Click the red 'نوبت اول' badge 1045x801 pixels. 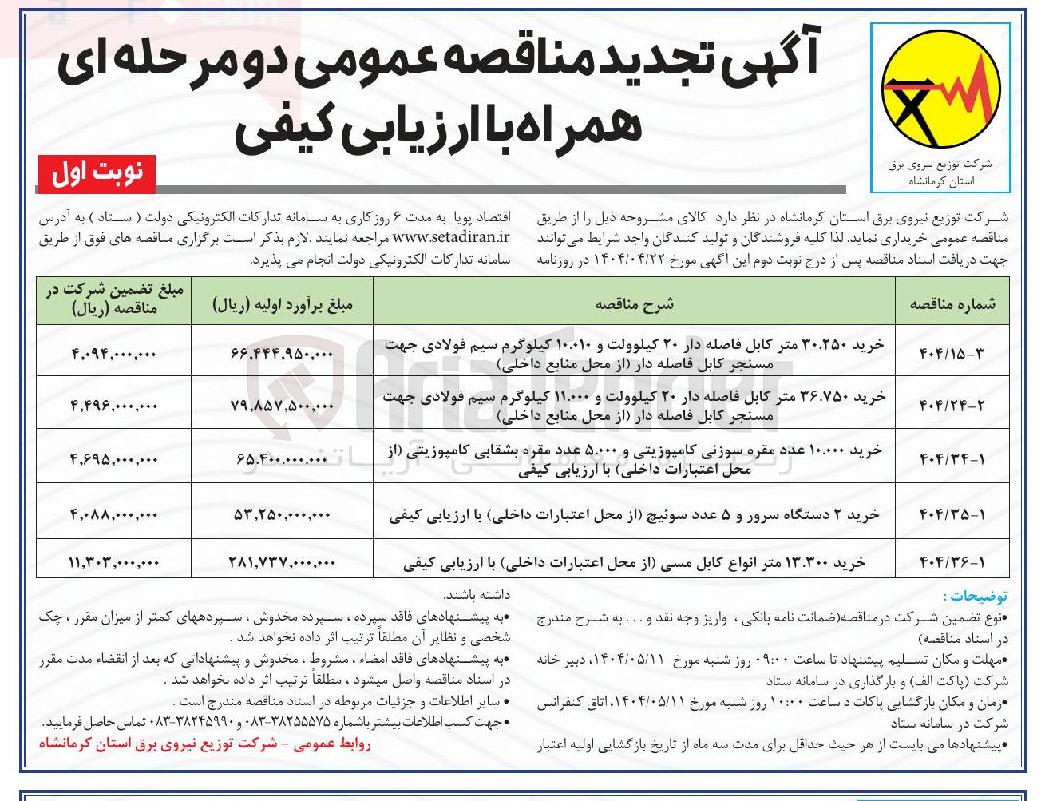click(x=97, y=173)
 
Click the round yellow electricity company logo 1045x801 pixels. click(x=940, y=93)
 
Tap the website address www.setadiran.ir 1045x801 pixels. click(x=451, y=237)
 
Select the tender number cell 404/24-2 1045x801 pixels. click(x=952, y=405)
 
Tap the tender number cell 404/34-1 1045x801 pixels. click(x=952, y=459)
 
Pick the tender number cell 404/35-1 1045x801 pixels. click(x=952, y=515)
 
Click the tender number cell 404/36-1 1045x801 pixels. click(x=952, y=562)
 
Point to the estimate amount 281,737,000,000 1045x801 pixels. click(x=282, y=562)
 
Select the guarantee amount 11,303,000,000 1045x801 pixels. click(x=113, y=562)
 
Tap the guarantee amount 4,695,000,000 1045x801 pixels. click(x=113, y=459)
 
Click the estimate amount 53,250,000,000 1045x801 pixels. click(x=282, y=515)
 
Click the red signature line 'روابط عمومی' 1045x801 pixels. click(x=205, y=744)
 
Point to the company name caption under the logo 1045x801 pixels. click(x=940, y=172)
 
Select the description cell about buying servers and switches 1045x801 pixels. click(x=634, y=515)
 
